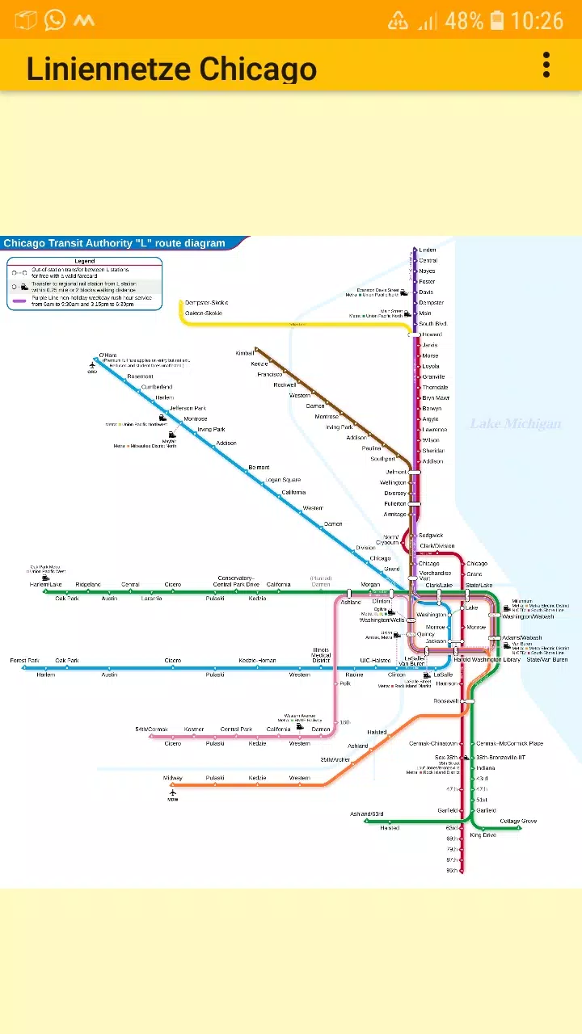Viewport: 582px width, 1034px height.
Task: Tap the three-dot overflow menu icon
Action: pos(546,65)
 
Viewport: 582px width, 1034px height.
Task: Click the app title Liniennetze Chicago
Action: pos(171,69)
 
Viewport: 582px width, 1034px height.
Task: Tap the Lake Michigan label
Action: pos(516,424)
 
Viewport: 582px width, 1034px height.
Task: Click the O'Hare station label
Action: pos(108,355)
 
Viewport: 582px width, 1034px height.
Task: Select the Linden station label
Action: pos(428,250)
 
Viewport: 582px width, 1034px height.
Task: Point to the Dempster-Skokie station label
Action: pos(206,303)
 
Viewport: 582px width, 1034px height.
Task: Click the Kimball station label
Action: pos(244,353)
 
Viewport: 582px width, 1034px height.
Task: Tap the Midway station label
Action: pos(173,778)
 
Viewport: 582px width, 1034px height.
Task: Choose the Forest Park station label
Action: pos(24,661)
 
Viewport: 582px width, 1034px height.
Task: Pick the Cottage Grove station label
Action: pos(518,821)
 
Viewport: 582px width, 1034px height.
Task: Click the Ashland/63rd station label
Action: pos(366,813)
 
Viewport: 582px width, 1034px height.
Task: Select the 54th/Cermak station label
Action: pos(151,729)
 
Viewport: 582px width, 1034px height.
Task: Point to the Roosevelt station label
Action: pos(445,701)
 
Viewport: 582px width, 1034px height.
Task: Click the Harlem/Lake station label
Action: pos(45,584)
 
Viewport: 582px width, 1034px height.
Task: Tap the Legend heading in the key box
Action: pos(85,261)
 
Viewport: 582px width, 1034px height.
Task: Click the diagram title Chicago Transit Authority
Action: pos(114,243)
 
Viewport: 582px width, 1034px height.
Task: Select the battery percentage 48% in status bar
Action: pos(464,20)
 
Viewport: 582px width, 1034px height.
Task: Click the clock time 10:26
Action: pos(537,20)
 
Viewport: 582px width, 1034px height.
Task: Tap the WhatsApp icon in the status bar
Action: pos(55,20)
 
